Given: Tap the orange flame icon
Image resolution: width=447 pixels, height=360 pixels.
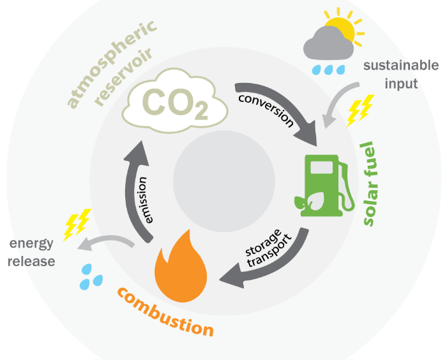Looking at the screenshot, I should tap(180, 268).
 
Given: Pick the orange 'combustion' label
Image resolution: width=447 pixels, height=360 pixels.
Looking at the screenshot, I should tap(165, 312).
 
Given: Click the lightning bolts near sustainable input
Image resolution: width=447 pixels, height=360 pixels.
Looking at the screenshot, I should tap(359, 112).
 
